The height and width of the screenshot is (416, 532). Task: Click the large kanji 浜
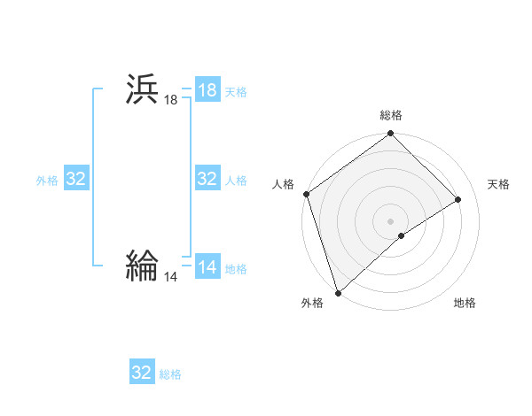(x=142, y=90)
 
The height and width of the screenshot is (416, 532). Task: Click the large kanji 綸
(x=142, y=265)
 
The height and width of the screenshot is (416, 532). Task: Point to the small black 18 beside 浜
(x=170, y=101)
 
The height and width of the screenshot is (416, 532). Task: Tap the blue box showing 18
(x=207, y=90)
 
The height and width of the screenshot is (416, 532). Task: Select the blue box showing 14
(x=207, y=268)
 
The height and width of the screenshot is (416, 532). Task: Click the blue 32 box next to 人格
(x=207, y=179)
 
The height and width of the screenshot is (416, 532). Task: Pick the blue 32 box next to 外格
(x=76, y=179)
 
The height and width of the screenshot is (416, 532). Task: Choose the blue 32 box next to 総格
(x=142, y=373)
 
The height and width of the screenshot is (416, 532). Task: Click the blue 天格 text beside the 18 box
(x=236, y=92)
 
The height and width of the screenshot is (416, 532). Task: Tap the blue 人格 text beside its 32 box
(x=236, y=181)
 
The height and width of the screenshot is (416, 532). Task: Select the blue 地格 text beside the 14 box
(x=236, y=269)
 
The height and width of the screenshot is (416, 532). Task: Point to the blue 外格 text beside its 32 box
(x=47, y=181)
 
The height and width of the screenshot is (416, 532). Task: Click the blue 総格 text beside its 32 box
(x=170, y=374)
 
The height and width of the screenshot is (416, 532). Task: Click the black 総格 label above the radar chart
(x=391, y=115)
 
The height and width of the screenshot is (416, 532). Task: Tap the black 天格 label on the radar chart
(x=498, y=184)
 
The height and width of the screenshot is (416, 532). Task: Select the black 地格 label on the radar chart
(x=465, y=304)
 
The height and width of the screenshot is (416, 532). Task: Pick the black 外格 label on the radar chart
(x=311, y=304)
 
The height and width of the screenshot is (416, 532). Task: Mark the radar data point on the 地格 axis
(x=402, y=235)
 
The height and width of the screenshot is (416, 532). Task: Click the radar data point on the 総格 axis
(x=390, y=135)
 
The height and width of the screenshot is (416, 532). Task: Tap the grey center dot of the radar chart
(x=390, y=220)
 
